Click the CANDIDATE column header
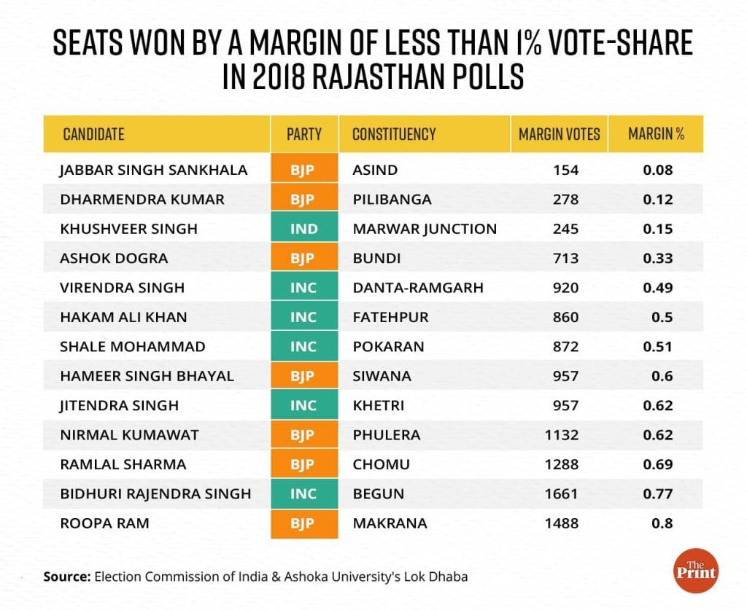[x=93, y=134]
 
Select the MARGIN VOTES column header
[x=559, y=134]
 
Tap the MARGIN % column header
[x=656, y=134]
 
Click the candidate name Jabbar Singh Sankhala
[x=154, y=170]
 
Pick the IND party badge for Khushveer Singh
[x=304, y=229]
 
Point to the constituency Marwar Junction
[x=424, y=229]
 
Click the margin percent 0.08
[x=658, y=170]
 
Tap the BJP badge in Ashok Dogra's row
[x=304, y=258]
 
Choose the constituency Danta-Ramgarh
[x=417, y=288]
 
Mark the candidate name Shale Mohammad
[x=133, y=346]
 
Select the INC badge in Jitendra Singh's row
[x=304, y=405]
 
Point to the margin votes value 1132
[x=562, y=435]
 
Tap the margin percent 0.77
[x=658, y=493]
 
